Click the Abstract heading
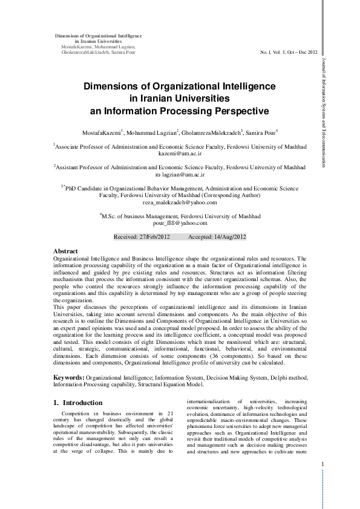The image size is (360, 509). tap(65, 250)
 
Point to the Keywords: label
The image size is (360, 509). tap(69, 377)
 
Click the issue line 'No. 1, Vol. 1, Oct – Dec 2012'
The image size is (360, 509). tap(287, 53)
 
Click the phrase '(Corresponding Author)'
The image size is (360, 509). tap(230, 195)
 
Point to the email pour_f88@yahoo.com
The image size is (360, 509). tap(182, 222)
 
